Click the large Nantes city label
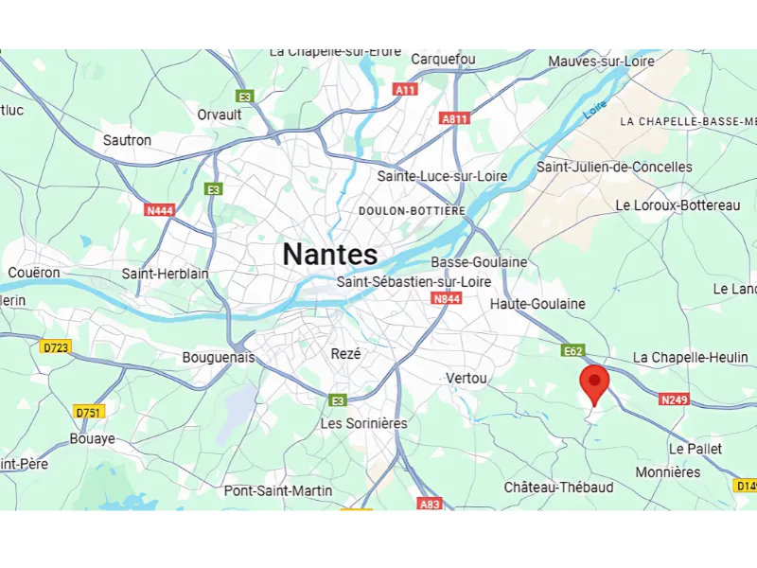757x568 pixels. coord(330,254)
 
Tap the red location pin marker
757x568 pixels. coord(594,383)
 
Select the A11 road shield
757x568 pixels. coord(405,89)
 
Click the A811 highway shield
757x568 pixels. coord(455,118)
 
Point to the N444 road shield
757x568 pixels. coord(159,209)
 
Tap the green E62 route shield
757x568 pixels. coord(572,350)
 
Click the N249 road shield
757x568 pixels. coord(674,399)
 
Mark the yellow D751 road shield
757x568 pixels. coord(89,412)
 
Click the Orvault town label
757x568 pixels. coord(220,115)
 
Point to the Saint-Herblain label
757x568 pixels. coord(166,274)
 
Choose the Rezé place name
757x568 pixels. coord(346,353)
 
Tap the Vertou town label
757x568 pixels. coord(467,378)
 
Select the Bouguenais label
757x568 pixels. coord(219,358)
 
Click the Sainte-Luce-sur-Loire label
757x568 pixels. coord(442,176)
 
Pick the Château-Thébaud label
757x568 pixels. coord(558,487)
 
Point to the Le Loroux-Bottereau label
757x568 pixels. coord(678,205)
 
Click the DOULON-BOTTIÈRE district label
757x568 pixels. coord(412,210)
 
